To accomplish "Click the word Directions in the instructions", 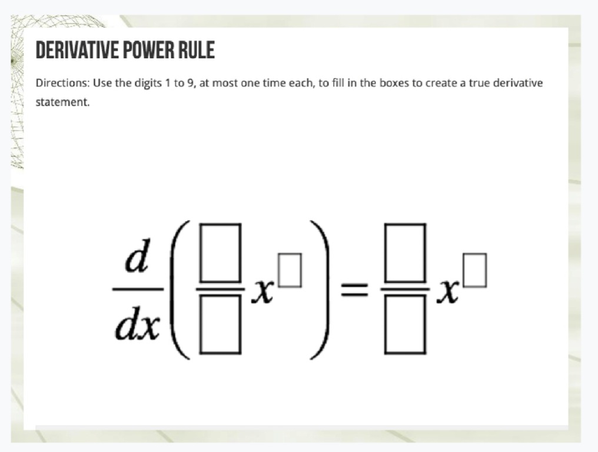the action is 62,83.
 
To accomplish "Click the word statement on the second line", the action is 62,102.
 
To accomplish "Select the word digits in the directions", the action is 148,84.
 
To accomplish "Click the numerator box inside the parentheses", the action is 220,253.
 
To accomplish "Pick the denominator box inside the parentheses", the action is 220,325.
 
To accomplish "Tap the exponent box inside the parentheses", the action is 290,270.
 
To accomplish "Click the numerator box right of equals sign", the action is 405,253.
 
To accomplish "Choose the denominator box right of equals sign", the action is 405,325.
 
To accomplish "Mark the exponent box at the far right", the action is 475,270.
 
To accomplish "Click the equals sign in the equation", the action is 354,289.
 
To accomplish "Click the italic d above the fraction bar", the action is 138,255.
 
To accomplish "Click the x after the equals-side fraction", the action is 447,293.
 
